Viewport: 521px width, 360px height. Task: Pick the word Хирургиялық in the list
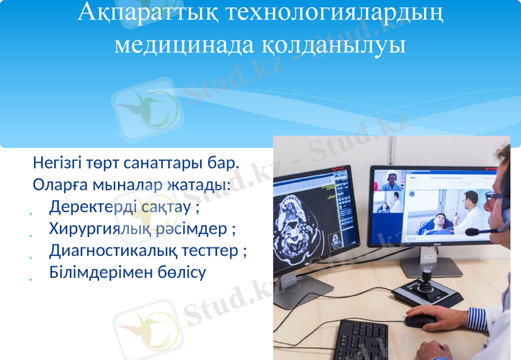tap(105, 228)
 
